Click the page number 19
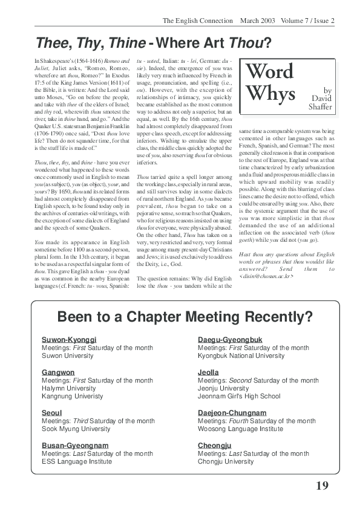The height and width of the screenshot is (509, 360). click(322, 486)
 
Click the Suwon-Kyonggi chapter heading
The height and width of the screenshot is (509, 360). click(69, 339)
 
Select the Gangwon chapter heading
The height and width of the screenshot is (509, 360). click(58, 372)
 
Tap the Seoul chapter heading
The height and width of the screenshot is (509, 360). click(53, 412)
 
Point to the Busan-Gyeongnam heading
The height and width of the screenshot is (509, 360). click(75, 445)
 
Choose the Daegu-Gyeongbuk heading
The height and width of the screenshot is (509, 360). click(231, 339)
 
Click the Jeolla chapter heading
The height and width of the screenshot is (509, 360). click(208, 372)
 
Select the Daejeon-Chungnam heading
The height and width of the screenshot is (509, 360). click(232, 412)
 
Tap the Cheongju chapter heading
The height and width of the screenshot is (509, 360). click(215, 445)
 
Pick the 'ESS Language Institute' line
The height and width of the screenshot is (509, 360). click(76, 461)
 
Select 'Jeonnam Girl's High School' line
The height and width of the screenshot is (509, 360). click(239, 397)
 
